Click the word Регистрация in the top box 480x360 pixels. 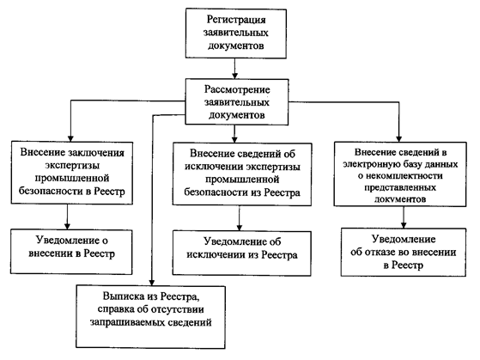pos(236,20)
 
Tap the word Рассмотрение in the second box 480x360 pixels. pos(237,89)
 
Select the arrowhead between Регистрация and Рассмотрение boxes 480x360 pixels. pos(234,76)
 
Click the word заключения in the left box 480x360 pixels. pos(96,153)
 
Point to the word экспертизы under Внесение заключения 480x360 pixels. pos(72,166)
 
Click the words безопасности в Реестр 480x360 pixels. pos(72,192)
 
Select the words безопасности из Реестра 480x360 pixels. pos(242,192)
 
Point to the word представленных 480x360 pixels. pos(400,187)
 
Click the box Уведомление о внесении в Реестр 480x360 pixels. pos(71,252)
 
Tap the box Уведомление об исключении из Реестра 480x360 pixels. pos(242,253)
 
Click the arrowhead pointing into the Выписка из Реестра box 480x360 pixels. pos(151,282)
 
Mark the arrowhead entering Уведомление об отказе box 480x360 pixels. pos(404,225)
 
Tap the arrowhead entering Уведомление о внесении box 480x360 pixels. pos(67,226)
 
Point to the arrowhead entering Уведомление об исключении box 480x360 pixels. pos(240,227)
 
